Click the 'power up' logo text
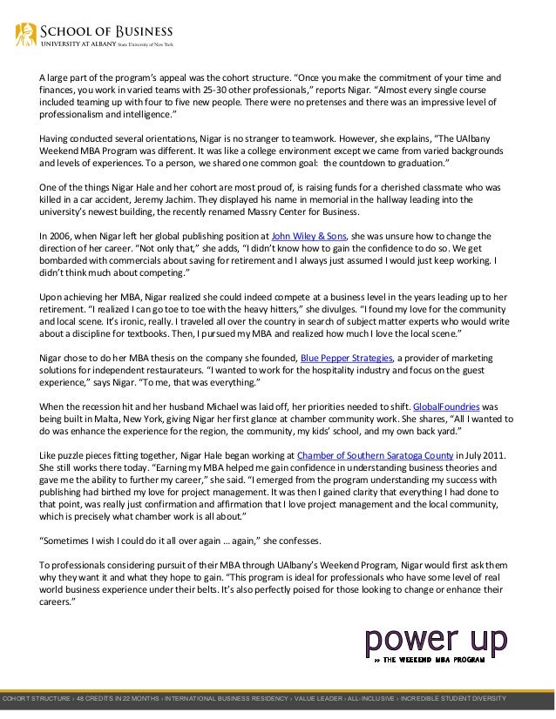pyautogui.click(x=435, y=642)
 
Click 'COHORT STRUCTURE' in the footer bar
pyautogui.click(x=37, y=699)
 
